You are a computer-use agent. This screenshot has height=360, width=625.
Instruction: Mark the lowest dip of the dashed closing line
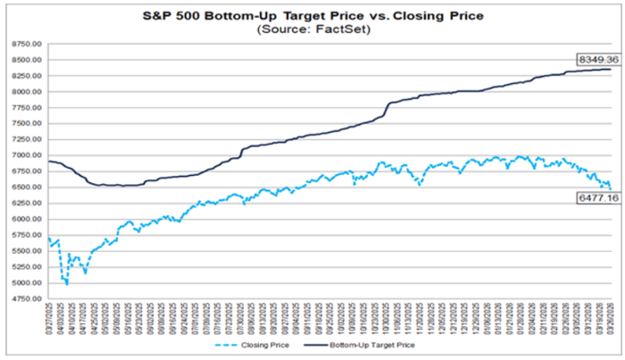pyautogui.click(x=66, y=284)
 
